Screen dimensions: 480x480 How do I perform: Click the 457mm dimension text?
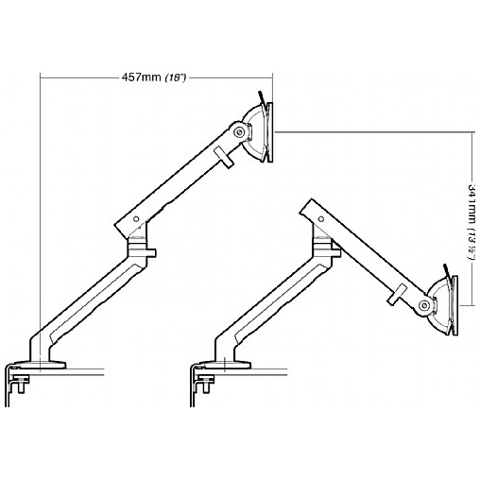142,77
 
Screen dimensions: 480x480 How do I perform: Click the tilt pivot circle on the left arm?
240,132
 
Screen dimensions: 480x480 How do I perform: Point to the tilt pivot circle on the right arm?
424,304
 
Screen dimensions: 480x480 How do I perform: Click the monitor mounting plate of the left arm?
269,132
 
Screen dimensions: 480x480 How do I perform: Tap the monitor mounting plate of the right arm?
454,305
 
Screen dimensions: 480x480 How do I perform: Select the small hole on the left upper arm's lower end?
136,218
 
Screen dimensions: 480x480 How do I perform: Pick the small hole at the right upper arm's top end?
321,219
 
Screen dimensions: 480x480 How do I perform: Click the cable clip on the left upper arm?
223,158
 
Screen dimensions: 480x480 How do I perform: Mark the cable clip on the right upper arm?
398,294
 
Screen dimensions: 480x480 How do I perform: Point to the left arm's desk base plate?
40,366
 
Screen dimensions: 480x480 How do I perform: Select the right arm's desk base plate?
225,366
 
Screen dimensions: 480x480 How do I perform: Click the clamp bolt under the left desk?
21,384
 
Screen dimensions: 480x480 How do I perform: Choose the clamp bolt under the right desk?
206,384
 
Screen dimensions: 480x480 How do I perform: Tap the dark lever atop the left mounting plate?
262,97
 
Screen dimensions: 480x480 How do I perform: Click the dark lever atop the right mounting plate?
446,270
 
